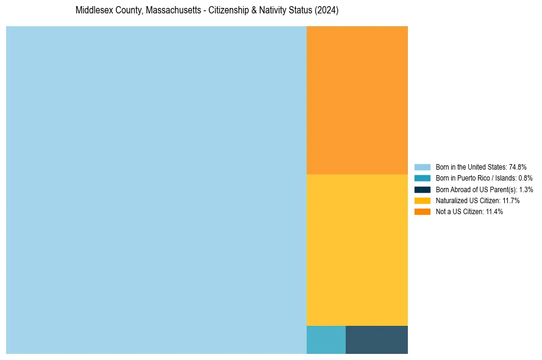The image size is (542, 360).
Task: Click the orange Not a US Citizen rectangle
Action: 357,100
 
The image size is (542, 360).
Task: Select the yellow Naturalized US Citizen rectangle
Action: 357,250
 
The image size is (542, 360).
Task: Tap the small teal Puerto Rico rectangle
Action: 326,340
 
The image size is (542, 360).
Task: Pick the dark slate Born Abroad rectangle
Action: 376,340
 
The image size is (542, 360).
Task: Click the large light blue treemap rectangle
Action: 156,190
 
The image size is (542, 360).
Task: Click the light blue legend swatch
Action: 422,167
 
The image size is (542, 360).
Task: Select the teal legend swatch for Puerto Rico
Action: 422,178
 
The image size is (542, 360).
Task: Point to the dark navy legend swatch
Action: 422,189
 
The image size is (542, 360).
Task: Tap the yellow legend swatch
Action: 422,201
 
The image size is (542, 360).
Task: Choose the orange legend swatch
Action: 422,212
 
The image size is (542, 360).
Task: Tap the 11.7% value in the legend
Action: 511,201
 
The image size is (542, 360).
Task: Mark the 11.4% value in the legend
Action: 494,212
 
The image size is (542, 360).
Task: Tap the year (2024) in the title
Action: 328,11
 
